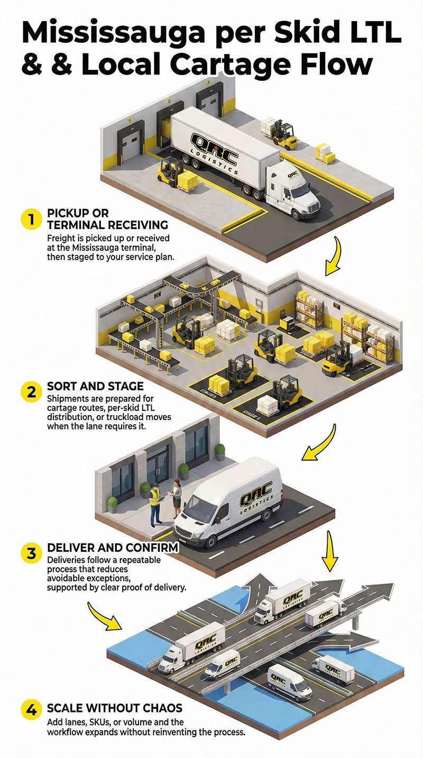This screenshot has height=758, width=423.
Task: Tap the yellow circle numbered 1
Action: coord(31,220)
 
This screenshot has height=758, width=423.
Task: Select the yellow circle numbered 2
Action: coord(31,392)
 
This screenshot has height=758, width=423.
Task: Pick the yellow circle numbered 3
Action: coord(31,554)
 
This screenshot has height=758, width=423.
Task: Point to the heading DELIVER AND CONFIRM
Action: coord(113,548)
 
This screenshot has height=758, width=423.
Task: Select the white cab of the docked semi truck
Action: coord(293,190)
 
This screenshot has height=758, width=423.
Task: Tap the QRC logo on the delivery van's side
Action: coord(255,496)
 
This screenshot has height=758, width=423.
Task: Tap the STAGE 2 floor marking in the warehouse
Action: coord(252,412)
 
